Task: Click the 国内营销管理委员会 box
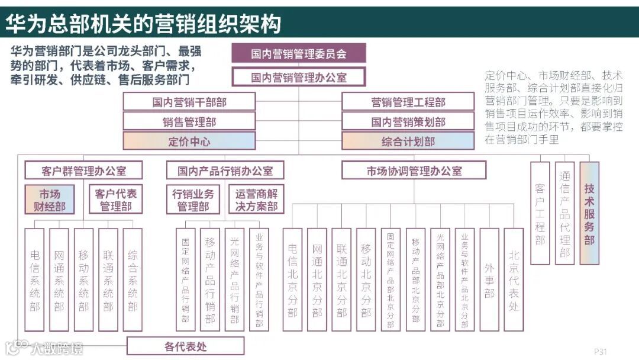point(298,53)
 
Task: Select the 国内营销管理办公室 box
point(298,77)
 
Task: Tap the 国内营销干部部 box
point(189,102)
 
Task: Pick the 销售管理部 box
point(189,121)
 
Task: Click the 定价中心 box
point(189,141)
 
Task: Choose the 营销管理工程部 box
point(408,102)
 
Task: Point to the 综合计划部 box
point(408,141)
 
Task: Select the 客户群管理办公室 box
point(84,171)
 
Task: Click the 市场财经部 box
point(50,200)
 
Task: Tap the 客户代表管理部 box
point(115,200)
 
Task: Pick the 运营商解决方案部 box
point(256,200)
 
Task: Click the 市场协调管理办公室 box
point(414,171)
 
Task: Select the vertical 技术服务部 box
point(589,213)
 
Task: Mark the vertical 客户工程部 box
point(540,213)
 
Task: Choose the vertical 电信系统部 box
point(35,279)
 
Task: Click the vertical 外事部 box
point(489,279)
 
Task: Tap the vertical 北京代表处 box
point(514,279)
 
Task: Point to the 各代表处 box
point(185,346)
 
